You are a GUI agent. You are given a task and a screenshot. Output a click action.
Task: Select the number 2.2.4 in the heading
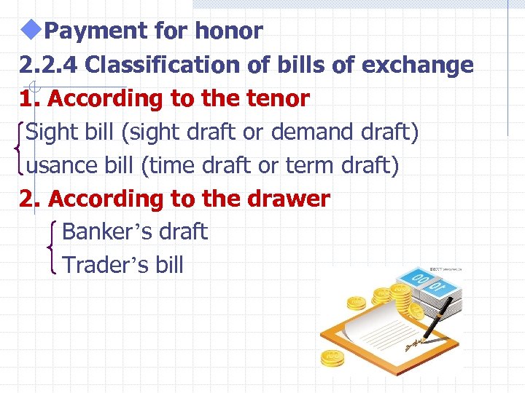[48, 65]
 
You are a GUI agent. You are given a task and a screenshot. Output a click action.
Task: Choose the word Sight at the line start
[49, 132]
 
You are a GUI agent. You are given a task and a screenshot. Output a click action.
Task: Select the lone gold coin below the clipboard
[332, 358]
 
